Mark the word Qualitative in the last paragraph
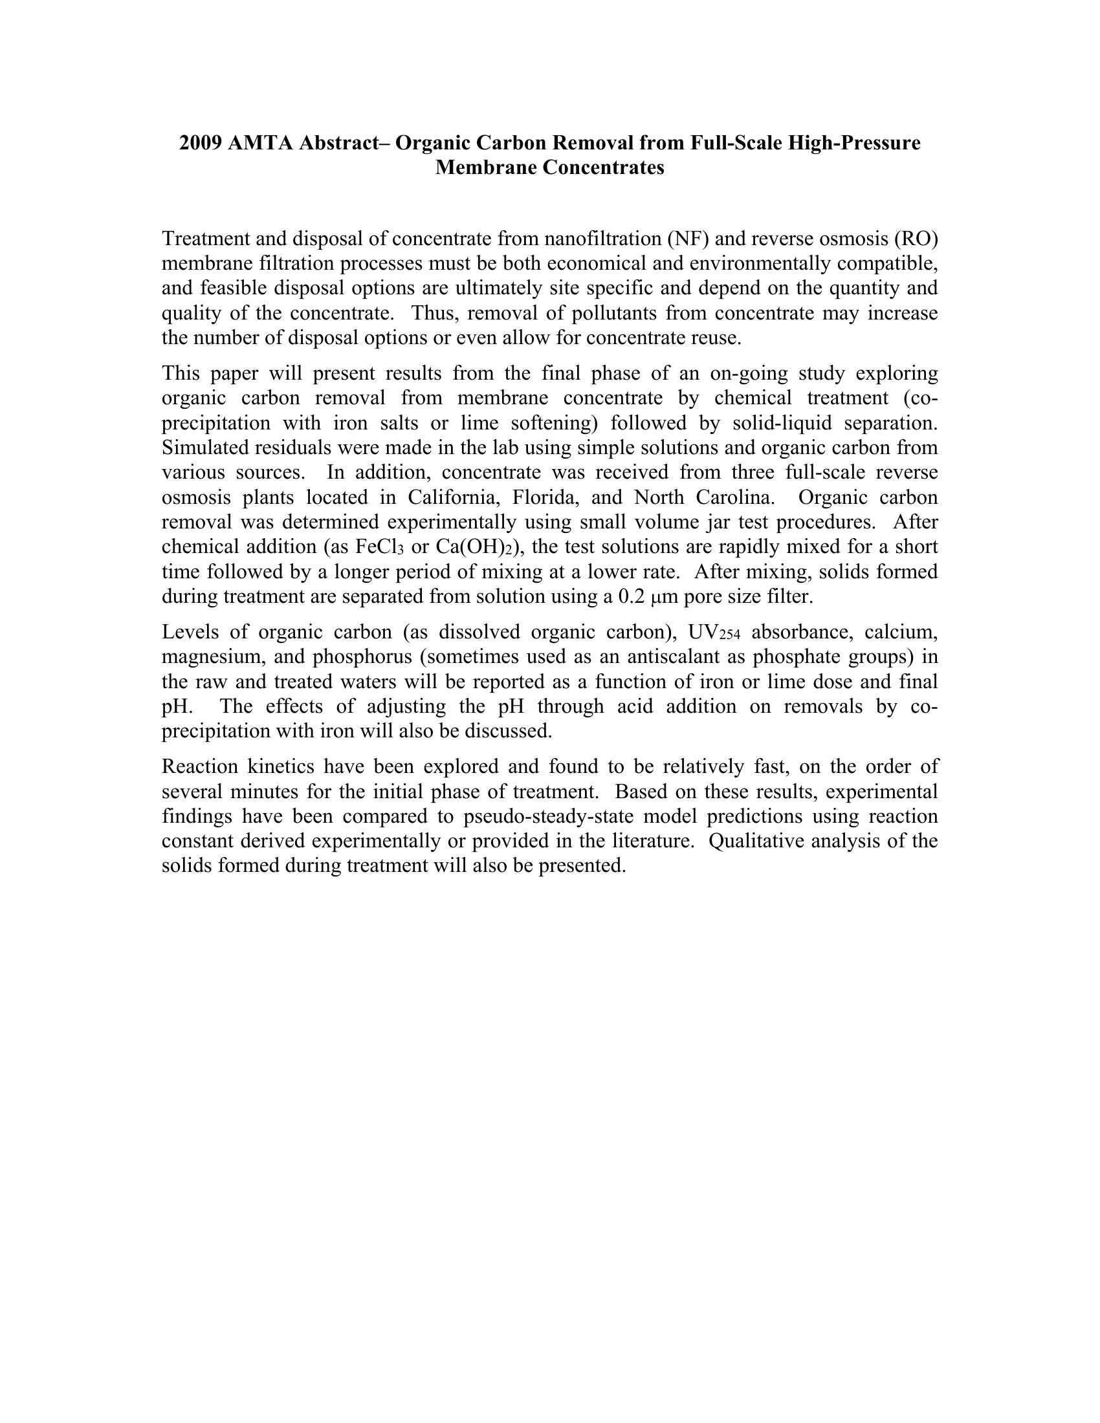(x=753, y=841)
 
